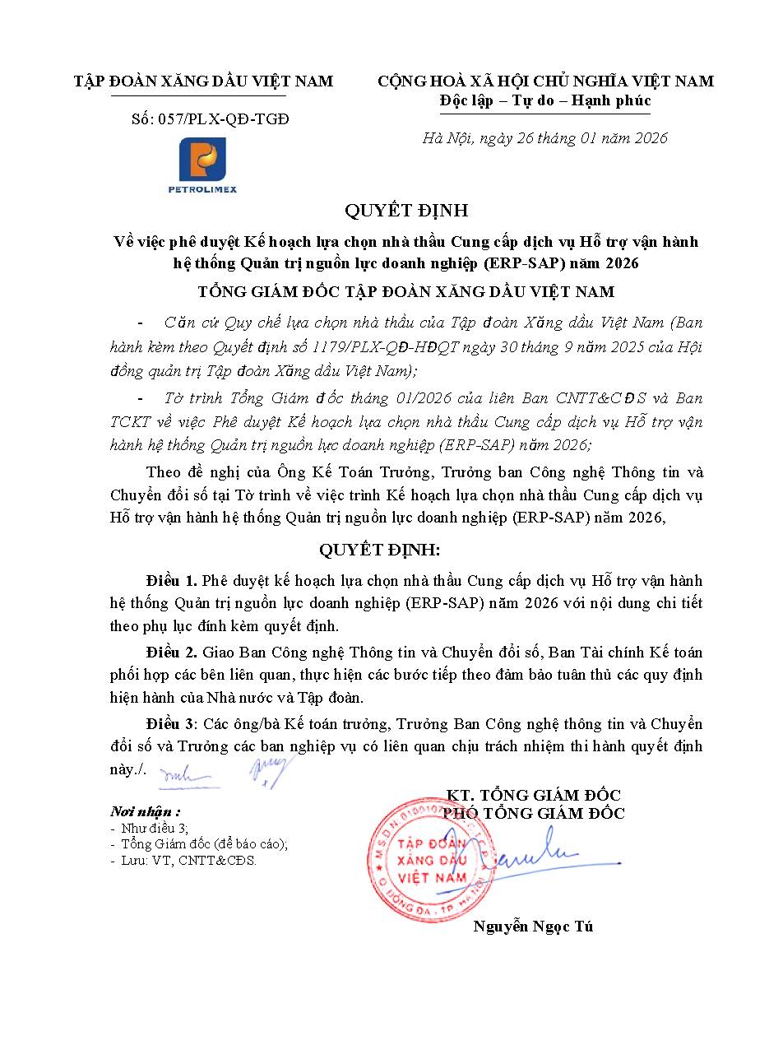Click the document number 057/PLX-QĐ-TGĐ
coord(210,118)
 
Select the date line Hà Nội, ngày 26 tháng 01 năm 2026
coord(544,138)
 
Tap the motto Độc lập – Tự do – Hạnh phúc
coord(545,100)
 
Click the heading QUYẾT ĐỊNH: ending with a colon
coord(384,549)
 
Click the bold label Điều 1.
coord(171,581)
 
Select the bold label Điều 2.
coord(171,653)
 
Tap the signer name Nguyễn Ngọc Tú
coord(533,927)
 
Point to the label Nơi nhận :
coord(146,811)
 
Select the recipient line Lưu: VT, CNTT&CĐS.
coord(188,861)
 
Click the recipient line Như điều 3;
coord(154,828)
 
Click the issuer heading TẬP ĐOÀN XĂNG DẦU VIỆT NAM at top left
coord(203,81)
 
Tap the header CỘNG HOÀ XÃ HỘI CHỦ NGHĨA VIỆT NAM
coord(545,81)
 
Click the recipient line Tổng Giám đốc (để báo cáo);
coord(204,844)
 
